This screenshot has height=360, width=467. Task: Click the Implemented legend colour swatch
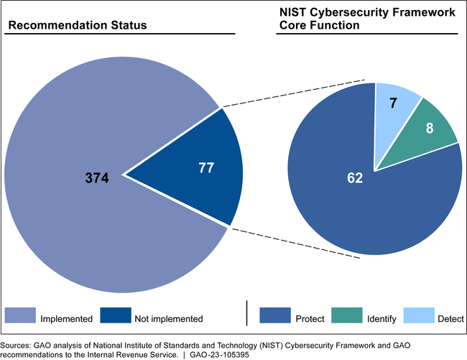[20, 317]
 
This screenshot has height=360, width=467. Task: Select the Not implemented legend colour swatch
[115, 317]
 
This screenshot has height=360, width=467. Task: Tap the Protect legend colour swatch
[275, 317]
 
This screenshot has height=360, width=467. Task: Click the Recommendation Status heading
[77, 26]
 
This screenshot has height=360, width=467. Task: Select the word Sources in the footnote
[15, 346]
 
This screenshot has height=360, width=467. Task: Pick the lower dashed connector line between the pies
[295, 242]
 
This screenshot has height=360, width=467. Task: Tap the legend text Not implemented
[167, 318]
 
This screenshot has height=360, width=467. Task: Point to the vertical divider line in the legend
[247, 314]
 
